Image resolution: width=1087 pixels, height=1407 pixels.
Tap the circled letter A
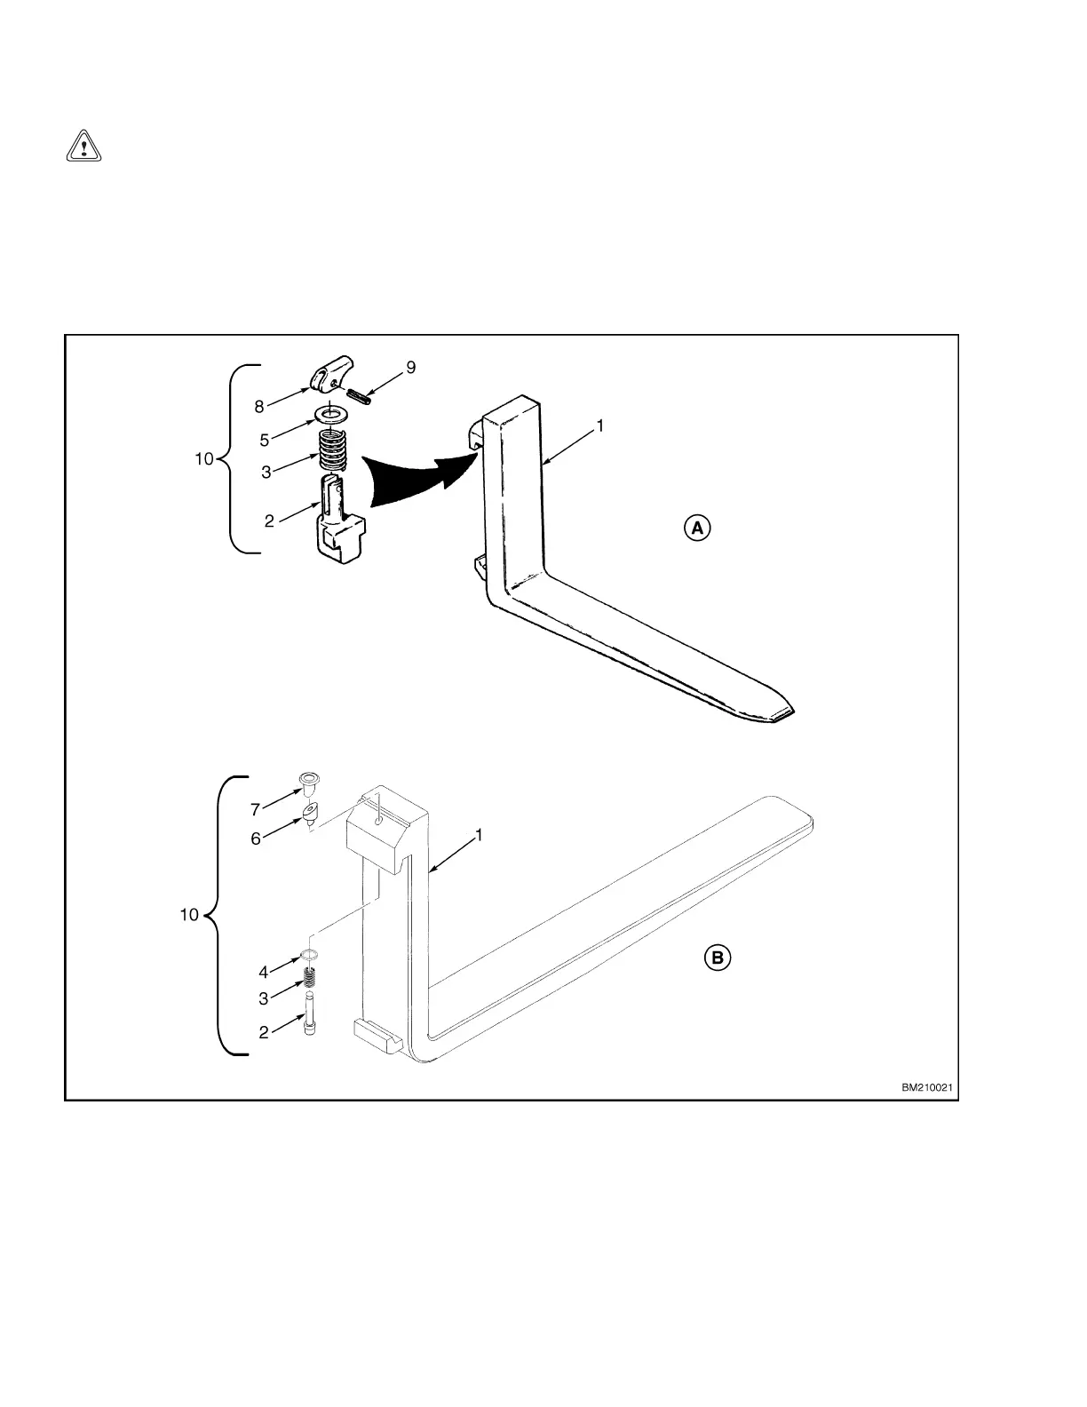pos(697,529)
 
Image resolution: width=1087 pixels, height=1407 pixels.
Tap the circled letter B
pos(718,958)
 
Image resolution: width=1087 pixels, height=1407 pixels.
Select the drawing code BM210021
pos(929,1087)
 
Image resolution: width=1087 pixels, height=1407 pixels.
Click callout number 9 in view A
pos(410,368)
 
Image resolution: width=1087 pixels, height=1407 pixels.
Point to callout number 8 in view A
pos(259,407)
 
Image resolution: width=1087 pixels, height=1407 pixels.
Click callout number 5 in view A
pos(265,440)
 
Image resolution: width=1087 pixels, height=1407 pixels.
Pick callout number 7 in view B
pos(255,809)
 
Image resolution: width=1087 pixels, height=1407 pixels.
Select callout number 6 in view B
pos(256,839)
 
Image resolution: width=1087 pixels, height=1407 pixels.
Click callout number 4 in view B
pos(264,973)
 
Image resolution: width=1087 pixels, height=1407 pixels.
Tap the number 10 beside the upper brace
pos(204,459)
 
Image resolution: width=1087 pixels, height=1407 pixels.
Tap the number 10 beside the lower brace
pos(189,915)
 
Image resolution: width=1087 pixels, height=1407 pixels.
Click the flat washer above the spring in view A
pos(333,414)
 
